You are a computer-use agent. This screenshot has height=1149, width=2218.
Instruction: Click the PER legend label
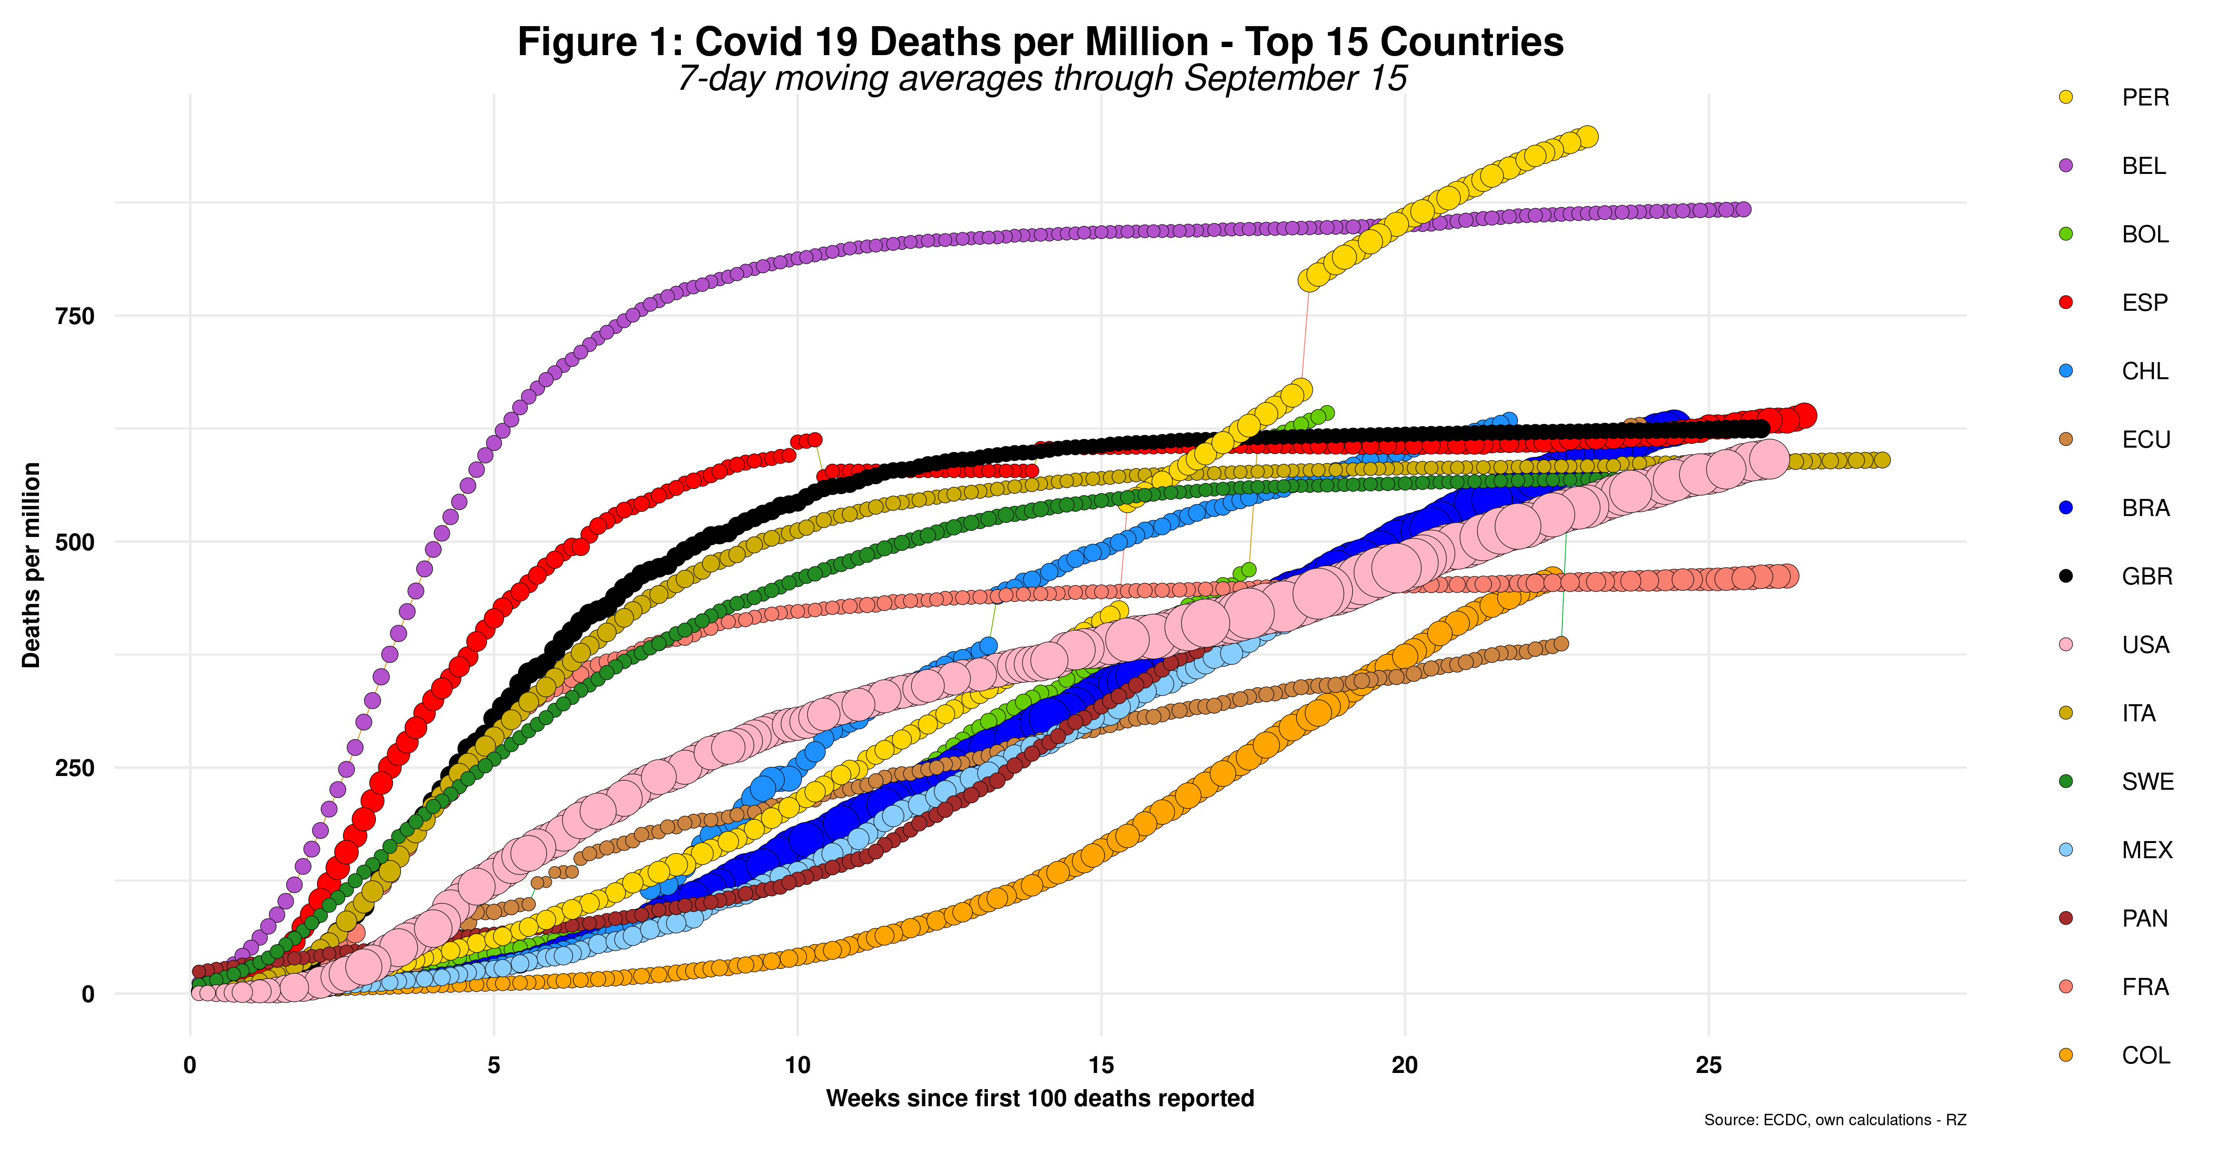point(2145,97)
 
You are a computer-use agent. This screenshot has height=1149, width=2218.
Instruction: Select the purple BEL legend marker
point(2065,165)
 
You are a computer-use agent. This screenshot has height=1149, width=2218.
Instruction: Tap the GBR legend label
point(2147,576)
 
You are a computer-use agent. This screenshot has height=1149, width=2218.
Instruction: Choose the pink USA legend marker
point(2065,644)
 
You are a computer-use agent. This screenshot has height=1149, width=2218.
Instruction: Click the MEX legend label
point(2147,850)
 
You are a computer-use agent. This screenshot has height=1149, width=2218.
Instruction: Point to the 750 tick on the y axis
point(75,316)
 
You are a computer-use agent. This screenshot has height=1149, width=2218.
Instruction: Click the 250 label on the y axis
point(75,767)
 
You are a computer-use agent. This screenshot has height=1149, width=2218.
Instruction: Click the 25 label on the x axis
point(1708,1065)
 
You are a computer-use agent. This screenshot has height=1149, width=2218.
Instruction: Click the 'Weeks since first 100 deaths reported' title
point(1039,1098)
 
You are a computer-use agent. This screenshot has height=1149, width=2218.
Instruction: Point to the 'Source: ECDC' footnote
point(1834,1120)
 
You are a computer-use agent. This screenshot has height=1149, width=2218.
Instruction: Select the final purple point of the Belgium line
point(1743,209)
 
